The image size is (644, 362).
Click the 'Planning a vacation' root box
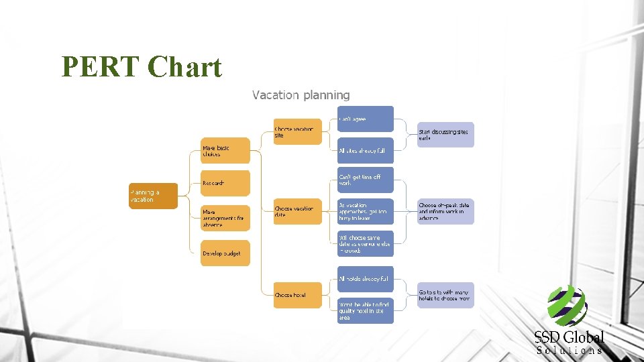[154, 196]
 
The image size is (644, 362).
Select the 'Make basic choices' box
[225, 150]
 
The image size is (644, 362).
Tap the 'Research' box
[225, 183]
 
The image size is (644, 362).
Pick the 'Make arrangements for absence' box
[225, 217]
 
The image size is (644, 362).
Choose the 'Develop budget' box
[225, 253]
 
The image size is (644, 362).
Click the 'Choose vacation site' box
[297, 131]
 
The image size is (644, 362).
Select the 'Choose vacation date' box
[297, 212]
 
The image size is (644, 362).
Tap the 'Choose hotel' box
[297, 295]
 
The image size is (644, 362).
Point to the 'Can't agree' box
[365, 119]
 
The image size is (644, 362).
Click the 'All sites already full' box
[365, 151]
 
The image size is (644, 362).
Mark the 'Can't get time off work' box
[365, 180]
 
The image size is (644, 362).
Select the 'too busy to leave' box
[365, 212]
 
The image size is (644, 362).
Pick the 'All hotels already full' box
[365, 278]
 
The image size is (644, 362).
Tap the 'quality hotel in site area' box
[365, 310]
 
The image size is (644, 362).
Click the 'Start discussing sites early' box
[445, 135]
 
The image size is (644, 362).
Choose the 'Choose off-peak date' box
[445, 211]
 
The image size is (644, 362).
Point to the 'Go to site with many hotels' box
[445, 295]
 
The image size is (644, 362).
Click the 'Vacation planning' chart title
[301, 95]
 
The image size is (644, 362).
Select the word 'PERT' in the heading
[101, 67]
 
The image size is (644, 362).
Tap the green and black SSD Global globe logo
[567, 306]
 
